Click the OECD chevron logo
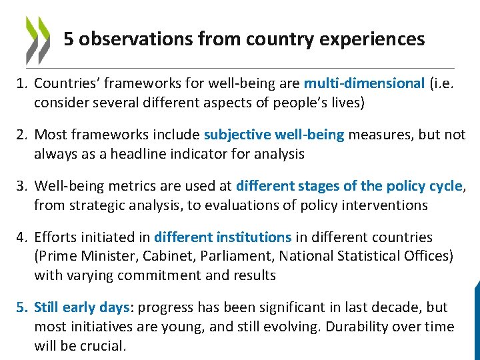coord(38,39)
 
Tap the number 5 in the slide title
coord(69,39)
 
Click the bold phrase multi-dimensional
coord(364,83)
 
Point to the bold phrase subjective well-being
coord(274,135)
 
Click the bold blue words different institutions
coord(223,237)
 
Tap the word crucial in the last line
coord(104,346)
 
